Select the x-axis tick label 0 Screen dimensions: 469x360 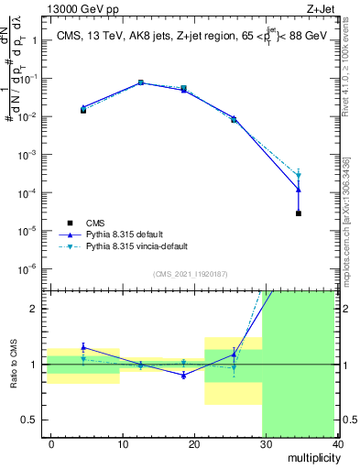[x=51, y=443]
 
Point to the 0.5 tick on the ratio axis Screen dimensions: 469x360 [x=31, y=420]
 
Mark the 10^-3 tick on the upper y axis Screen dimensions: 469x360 [x=27, y=155]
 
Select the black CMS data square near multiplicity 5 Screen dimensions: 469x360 [x=83, y=110]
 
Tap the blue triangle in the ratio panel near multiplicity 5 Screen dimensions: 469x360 [x=83, y=347]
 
